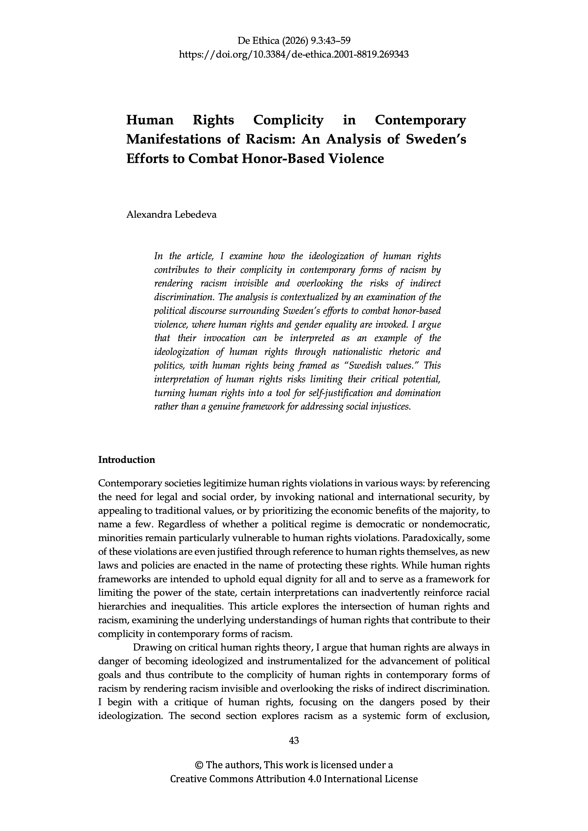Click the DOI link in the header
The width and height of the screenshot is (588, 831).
coord(294,55)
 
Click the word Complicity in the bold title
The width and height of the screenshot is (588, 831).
coord(288,120)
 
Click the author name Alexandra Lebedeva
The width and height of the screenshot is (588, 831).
coord(171,215)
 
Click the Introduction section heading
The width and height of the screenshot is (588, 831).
coord(126,460)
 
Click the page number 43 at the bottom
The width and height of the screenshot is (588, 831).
coord(294,741)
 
